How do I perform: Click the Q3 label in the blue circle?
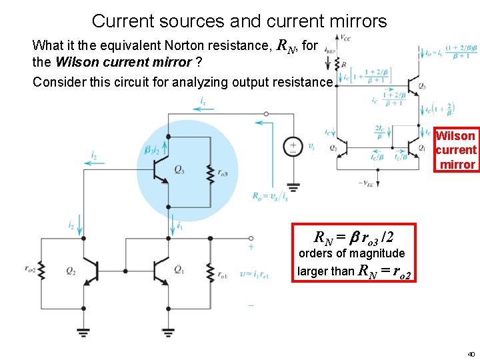[x=179, y=170]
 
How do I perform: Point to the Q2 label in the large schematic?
[x=71, y=270]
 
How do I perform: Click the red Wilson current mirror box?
[x=457, y=150]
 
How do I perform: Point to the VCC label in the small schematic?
[x=346, y=38]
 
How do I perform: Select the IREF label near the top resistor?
[x=330, y=49]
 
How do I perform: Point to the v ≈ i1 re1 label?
[x=255, y=274]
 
